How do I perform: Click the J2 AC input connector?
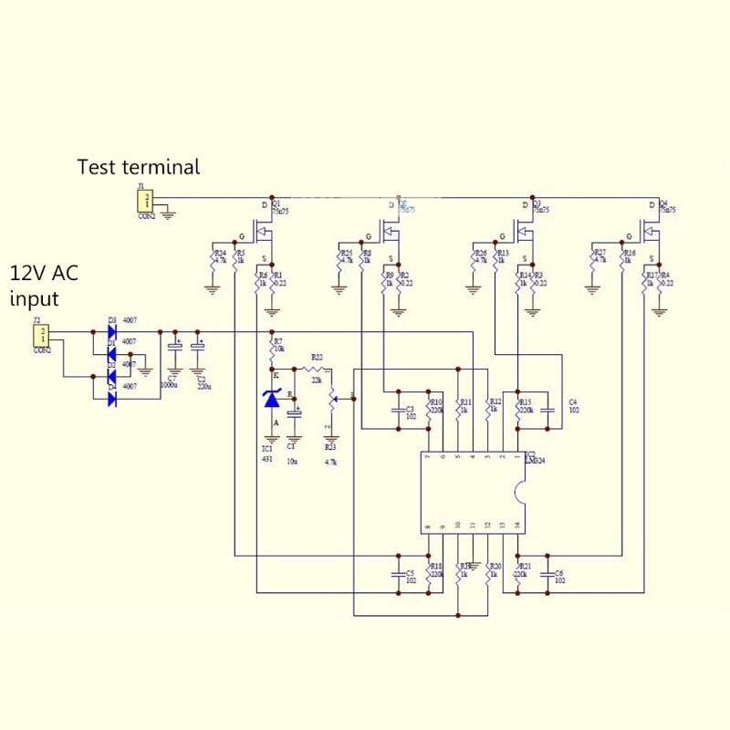click(x=41, y=334)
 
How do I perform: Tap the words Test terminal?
click(x=138, y=167)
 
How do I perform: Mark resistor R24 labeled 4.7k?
click(x=213, y=259)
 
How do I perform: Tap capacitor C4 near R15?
click(x=547, y=409)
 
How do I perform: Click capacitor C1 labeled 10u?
click(x=294, y=415)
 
